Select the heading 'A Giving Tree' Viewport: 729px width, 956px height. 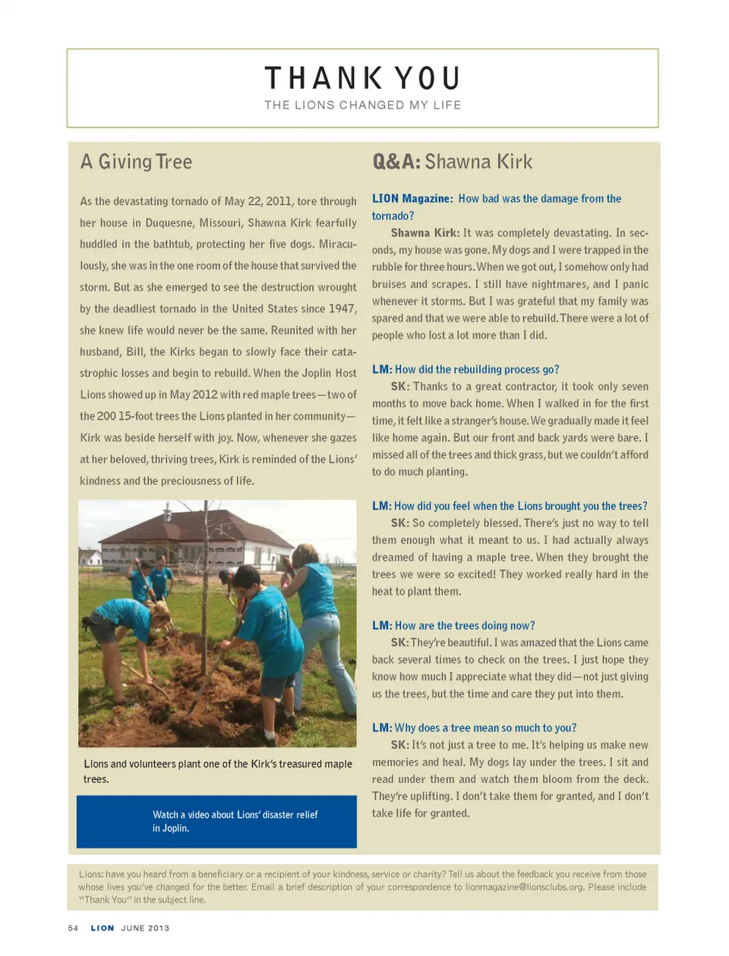(137, 162)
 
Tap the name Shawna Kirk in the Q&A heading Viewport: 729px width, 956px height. (478, 162)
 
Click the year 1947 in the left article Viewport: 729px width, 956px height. (342, 309)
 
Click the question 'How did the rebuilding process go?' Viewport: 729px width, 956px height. (477, 370)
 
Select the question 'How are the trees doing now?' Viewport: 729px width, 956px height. (465, 626)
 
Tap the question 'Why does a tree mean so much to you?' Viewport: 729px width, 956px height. (485, 728)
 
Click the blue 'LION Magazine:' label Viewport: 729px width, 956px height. (412, 199)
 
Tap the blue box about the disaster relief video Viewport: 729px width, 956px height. (216, 822)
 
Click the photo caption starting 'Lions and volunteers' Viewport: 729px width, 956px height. (217, 771)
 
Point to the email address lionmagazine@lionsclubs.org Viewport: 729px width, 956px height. (524, 887)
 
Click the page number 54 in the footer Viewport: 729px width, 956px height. (73, 928)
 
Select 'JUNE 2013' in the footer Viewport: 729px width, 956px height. (145, 928)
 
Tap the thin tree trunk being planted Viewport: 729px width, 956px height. (205, 607)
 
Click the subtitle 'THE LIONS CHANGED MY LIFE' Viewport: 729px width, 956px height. (363, 105)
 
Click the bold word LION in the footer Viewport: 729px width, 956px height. (103, 928)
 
